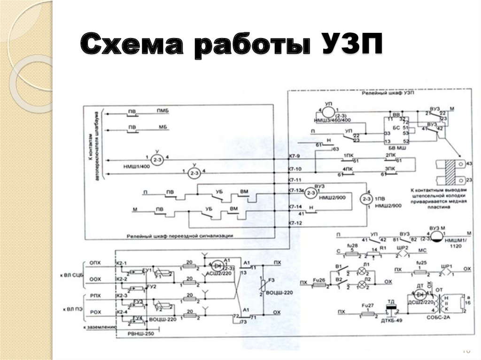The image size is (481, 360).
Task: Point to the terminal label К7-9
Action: [x=294, y=155]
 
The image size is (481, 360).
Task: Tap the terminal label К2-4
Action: [x=122, y=312]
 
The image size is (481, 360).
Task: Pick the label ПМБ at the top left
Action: [x=163, y=110]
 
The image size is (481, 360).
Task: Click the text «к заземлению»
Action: [x=98, y=326]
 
